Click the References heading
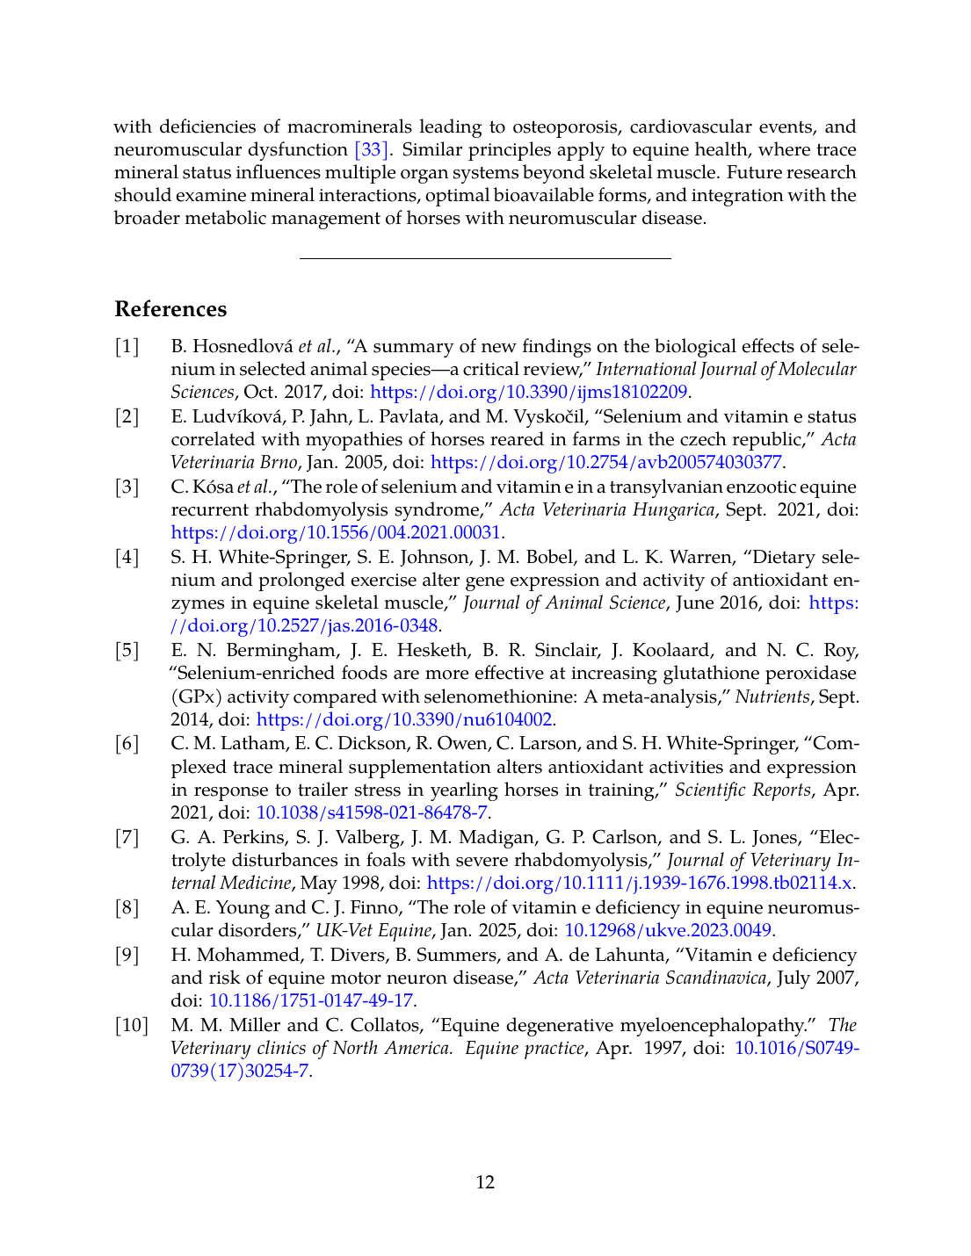[170, 309]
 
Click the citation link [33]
[371, 150]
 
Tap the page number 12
[485, 1182]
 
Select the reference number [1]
[127, 346]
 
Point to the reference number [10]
[131, 1025]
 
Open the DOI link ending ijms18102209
[529, 392]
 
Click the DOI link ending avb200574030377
[606, 462]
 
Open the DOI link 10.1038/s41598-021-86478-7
[372, 812]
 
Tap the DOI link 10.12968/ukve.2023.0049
[668, 930]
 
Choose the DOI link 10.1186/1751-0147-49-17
[310, 1000]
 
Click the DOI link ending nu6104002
[404, 719]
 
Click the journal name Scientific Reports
[743, 790]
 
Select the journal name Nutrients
[772, 697]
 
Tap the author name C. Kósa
[202, 487]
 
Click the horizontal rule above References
[485, 258]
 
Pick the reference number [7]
[127, 837]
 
